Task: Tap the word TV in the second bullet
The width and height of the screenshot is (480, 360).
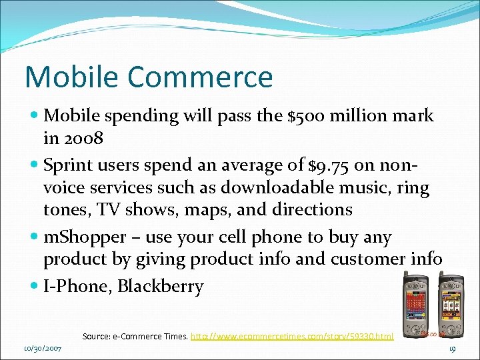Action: [x=107, y=209]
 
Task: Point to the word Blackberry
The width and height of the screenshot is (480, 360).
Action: [x=161, y=287]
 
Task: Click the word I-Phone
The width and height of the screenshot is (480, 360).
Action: [x=77, y=287]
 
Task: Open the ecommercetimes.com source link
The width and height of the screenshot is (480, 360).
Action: [x=292, y=337]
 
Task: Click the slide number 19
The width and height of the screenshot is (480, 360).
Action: [x=451, y=348]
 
